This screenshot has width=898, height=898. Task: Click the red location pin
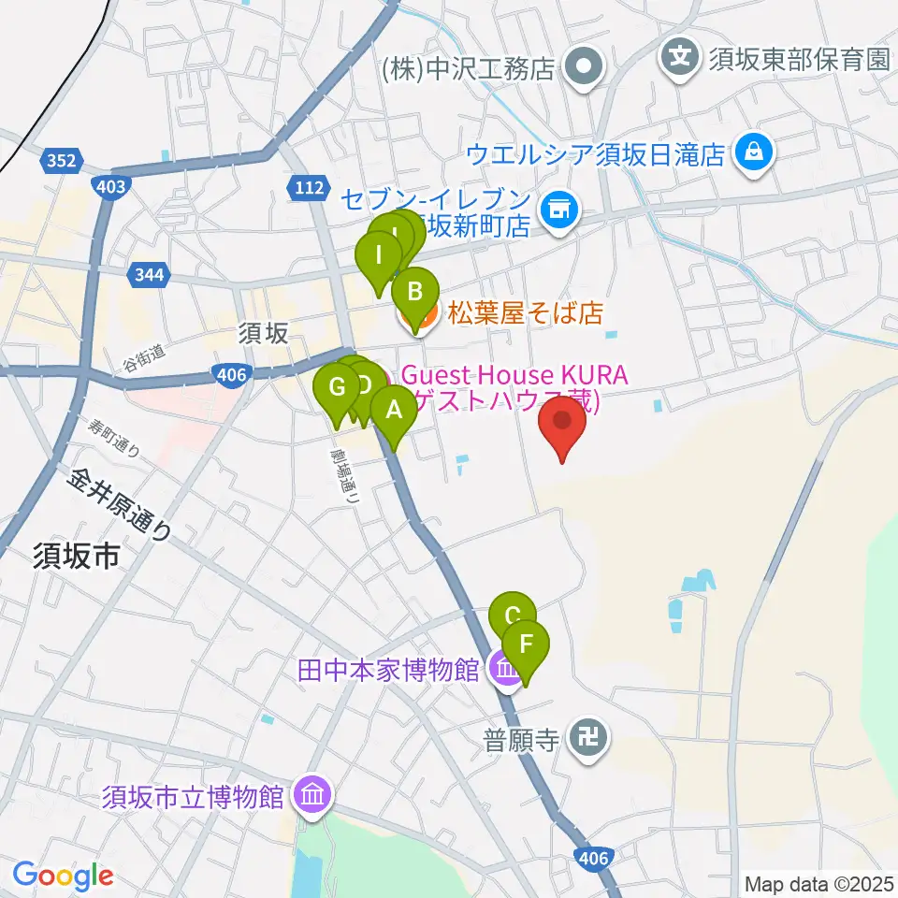pyautogui.click(x=563, y=425)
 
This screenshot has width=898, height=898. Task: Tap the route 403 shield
pyautogui.click(x=110, y=187)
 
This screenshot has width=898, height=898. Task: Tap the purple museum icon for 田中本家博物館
pyautogui.click(x=506, y=670)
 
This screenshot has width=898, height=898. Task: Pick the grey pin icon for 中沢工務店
pyautogui.click(x=587, y=67)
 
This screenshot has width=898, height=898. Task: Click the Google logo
pyautogui.click(x=63, y=876)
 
